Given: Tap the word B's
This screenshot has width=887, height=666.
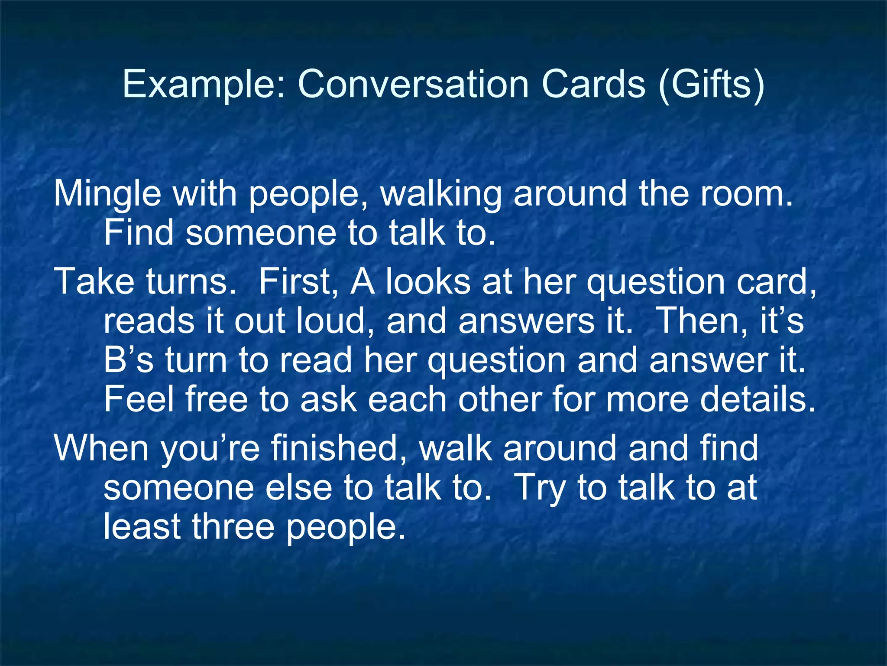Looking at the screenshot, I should [128, 360].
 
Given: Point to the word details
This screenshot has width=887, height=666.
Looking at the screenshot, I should [758, 399].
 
